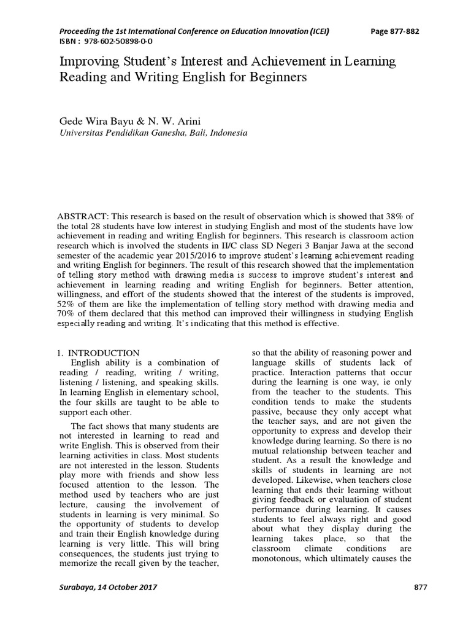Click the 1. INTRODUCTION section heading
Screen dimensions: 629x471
tap(98, 353)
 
